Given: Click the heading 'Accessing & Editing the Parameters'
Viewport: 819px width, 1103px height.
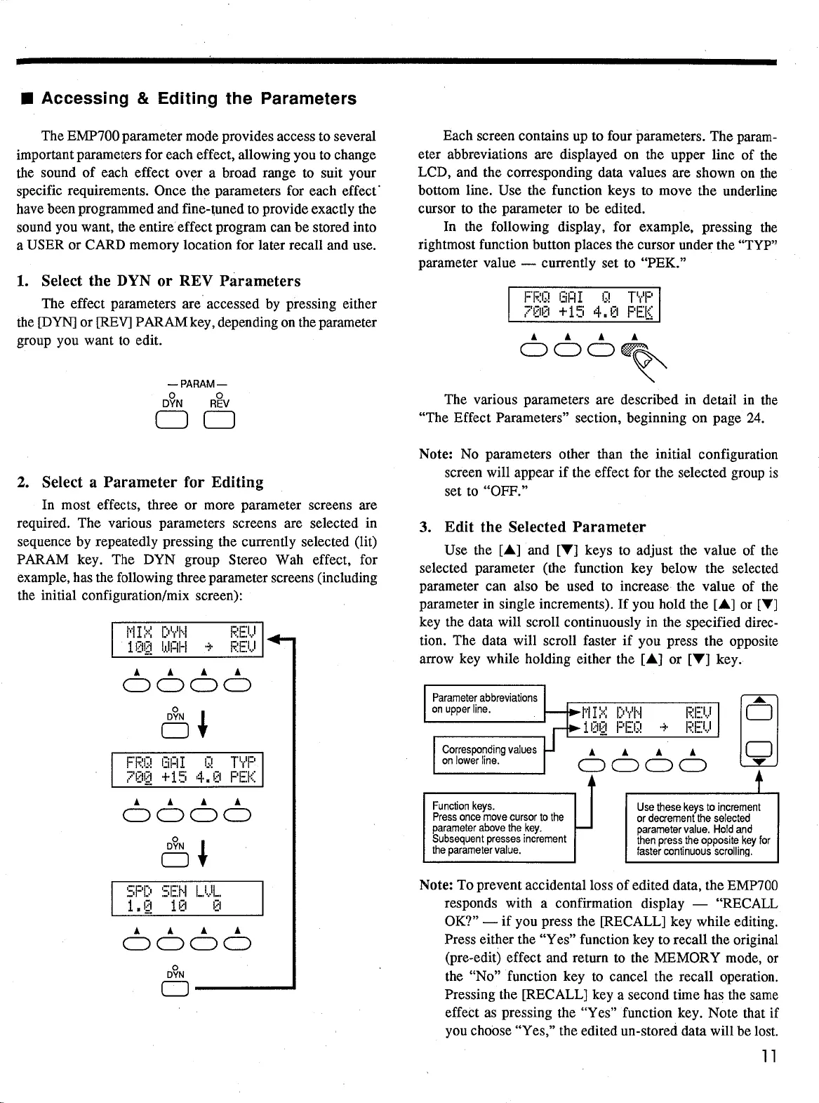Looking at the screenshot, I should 199,98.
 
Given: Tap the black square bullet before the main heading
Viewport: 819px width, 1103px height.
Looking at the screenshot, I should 23,99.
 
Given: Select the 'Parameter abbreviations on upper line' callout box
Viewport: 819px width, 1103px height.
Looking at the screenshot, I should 485,703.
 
